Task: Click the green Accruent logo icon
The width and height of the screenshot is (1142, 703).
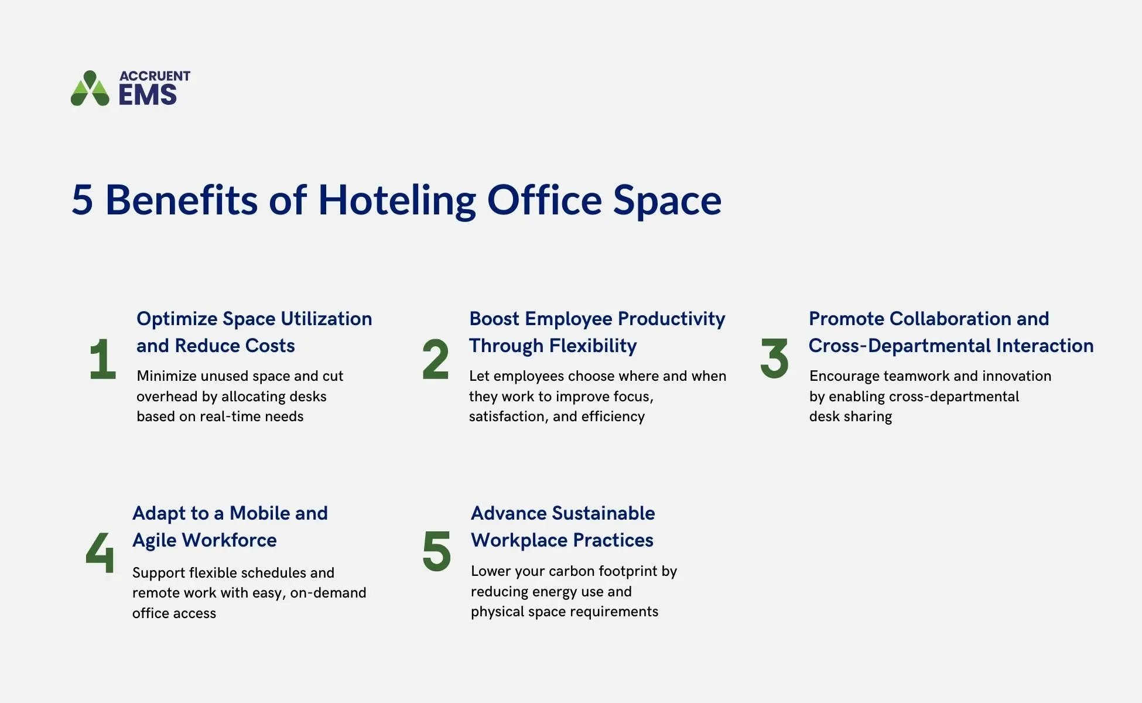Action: tap(90, 89)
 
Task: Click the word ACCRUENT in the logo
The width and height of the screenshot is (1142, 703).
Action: tap(155, 76)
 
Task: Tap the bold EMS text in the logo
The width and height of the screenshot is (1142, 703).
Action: tap(148, 95)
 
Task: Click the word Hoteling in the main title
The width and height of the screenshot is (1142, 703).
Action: tap(396, 200)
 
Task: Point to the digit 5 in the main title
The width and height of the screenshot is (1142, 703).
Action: tap(83, 200)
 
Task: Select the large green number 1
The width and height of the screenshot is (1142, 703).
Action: tap(103, 359)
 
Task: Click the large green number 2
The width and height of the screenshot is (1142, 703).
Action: tap(435, 359)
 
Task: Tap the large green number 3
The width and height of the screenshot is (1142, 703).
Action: tap(774, 359)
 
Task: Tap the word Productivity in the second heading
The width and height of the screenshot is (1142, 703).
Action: tap(671, 319)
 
